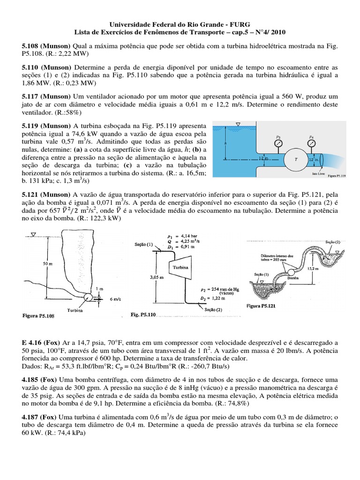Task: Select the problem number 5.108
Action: point(30,47)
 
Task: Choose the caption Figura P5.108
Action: point(38,316)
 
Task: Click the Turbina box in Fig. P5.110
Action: point(181,266)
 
